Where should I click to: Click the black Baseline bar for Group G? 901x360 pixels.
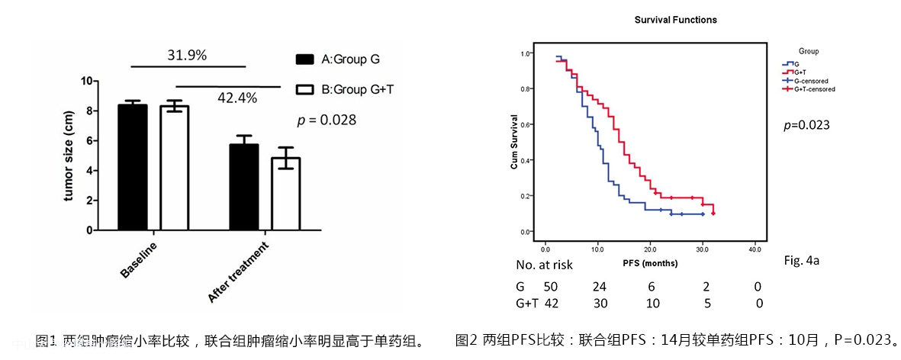click(133, 167)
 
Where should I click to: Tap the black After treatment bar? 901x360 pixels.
click(244, 187)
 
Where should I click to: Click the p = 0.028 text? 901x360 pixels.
click(327, 120)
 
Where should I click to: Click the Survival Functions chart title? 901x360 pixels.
click(676, 20)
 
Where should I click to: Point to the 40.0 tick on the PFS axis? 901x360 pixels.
click(754, 249)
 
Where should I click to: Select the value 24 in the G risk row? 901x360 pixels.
click(600, 287)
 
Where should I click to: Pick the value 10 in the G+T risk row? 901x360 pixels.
click(652, 304)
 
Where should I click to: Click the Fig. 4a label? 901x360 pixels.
click(801, 260)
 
